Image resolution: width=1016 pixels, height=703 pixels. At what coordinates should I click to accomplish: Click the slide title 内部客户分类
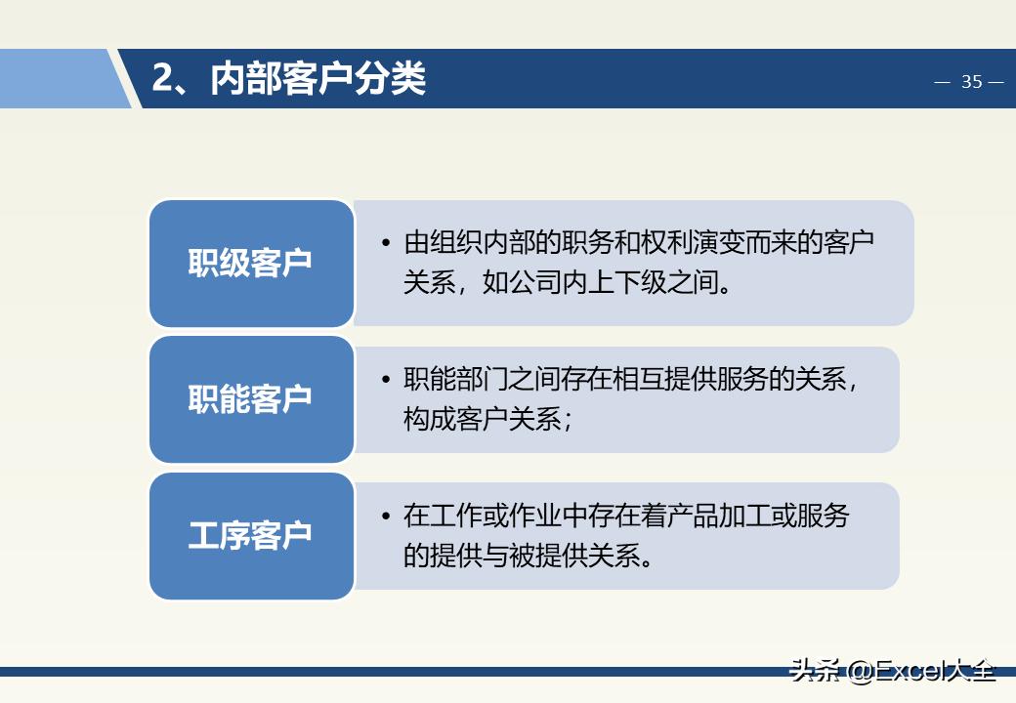click(318, 79)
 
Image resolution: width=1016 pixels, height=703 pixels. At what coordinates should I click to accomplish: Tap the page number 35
click(971, 82)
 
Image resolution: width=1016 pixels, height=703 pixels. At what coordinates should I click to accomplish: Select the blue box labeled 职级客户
click(251, 264)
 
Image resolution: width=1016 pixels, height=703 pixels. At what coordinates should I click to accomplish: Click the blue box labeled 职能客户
click(251, 399)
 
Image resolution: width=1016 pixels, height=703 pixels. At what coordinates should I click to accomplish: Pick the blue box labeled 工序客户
click(251, 535)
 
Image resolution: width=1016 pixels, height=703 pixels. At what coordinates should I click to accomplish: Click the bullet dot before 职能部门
click(386, 380)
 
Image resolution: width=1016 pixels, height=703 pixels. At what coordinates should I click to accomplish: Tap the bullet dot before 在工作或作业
click(386, 516)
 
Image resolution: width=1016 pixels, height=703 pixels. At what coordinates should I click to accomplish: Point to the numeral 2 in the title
click(162, 79)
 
